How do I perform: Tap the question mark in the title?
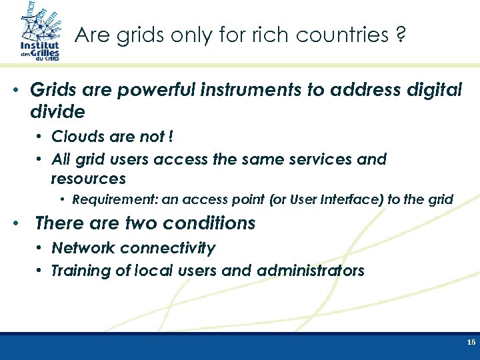pos(399,35)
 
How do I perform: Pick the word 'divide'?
pos(57,111)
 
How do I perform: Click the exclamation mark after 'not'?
pos(171,137)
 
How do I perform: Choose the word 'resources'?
pos(88,179)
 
